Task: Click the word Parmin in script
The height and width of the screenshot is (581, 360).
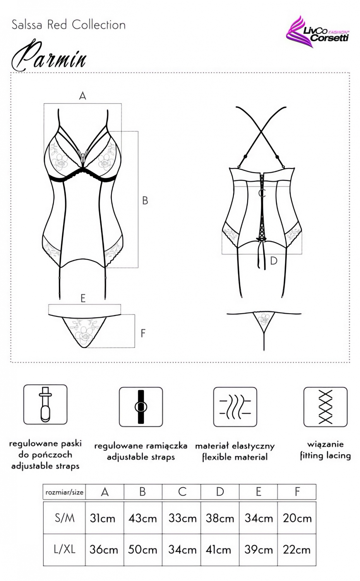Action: pyautogui.click(x=49, y=56)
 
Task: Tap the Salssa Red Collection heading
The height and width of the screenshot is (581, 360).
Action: pyautogui.click(x=69, y=25)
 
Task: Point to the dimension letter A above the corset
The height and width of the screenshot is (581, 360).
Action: pyautogui.click(x=82, y=96)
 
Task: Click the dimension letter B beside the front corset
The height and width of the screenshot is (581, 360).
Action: pyautogui.click(x=145, y=201)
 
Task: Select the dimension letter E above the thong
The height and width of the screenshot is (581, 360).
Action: pyautogui.click(x=83, y=298)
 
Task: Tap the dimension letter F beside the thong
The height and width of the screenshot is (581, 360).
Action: pyautogui.click(x=143, y=333)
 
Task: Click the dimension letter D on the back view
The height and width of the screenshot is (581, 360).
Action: pyautogui.click(x=274, y=261)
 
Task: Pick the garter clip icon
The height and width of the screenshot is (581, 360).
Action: pyautogui.click(x=45, y=405)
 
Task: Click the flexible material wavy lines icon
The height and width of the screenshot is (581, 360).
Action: pyautogui.click(x=235, y=407)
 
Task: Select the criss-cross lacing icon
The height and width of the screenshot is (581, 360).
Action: pyautogui.click(x=325, y=407)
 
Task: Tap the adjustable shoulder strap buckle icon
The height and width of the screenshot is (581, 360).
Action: pyautogui.click(x=141, y=407)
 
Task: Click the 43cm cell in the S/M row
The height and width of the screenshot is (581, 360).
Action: pyautogui.click(x=143, y=519)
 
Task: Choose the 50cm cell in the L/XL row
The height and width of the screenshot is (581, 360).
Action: pyautogui.click(x=143, y=550)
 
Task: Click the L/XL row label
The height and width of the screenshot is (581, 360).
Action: pyautogui.click(x=65, y=550)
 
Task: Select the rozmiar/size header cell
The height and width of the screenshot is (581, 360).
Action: pyautogui.click(x=64, y=492)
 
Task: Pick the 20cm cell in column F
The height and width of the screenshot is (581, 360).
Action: pyautogui.click(x=297, y=519)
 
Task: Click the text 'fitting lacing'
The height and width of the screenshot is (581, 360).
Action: pyautogui.click(x=325, y=456)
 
